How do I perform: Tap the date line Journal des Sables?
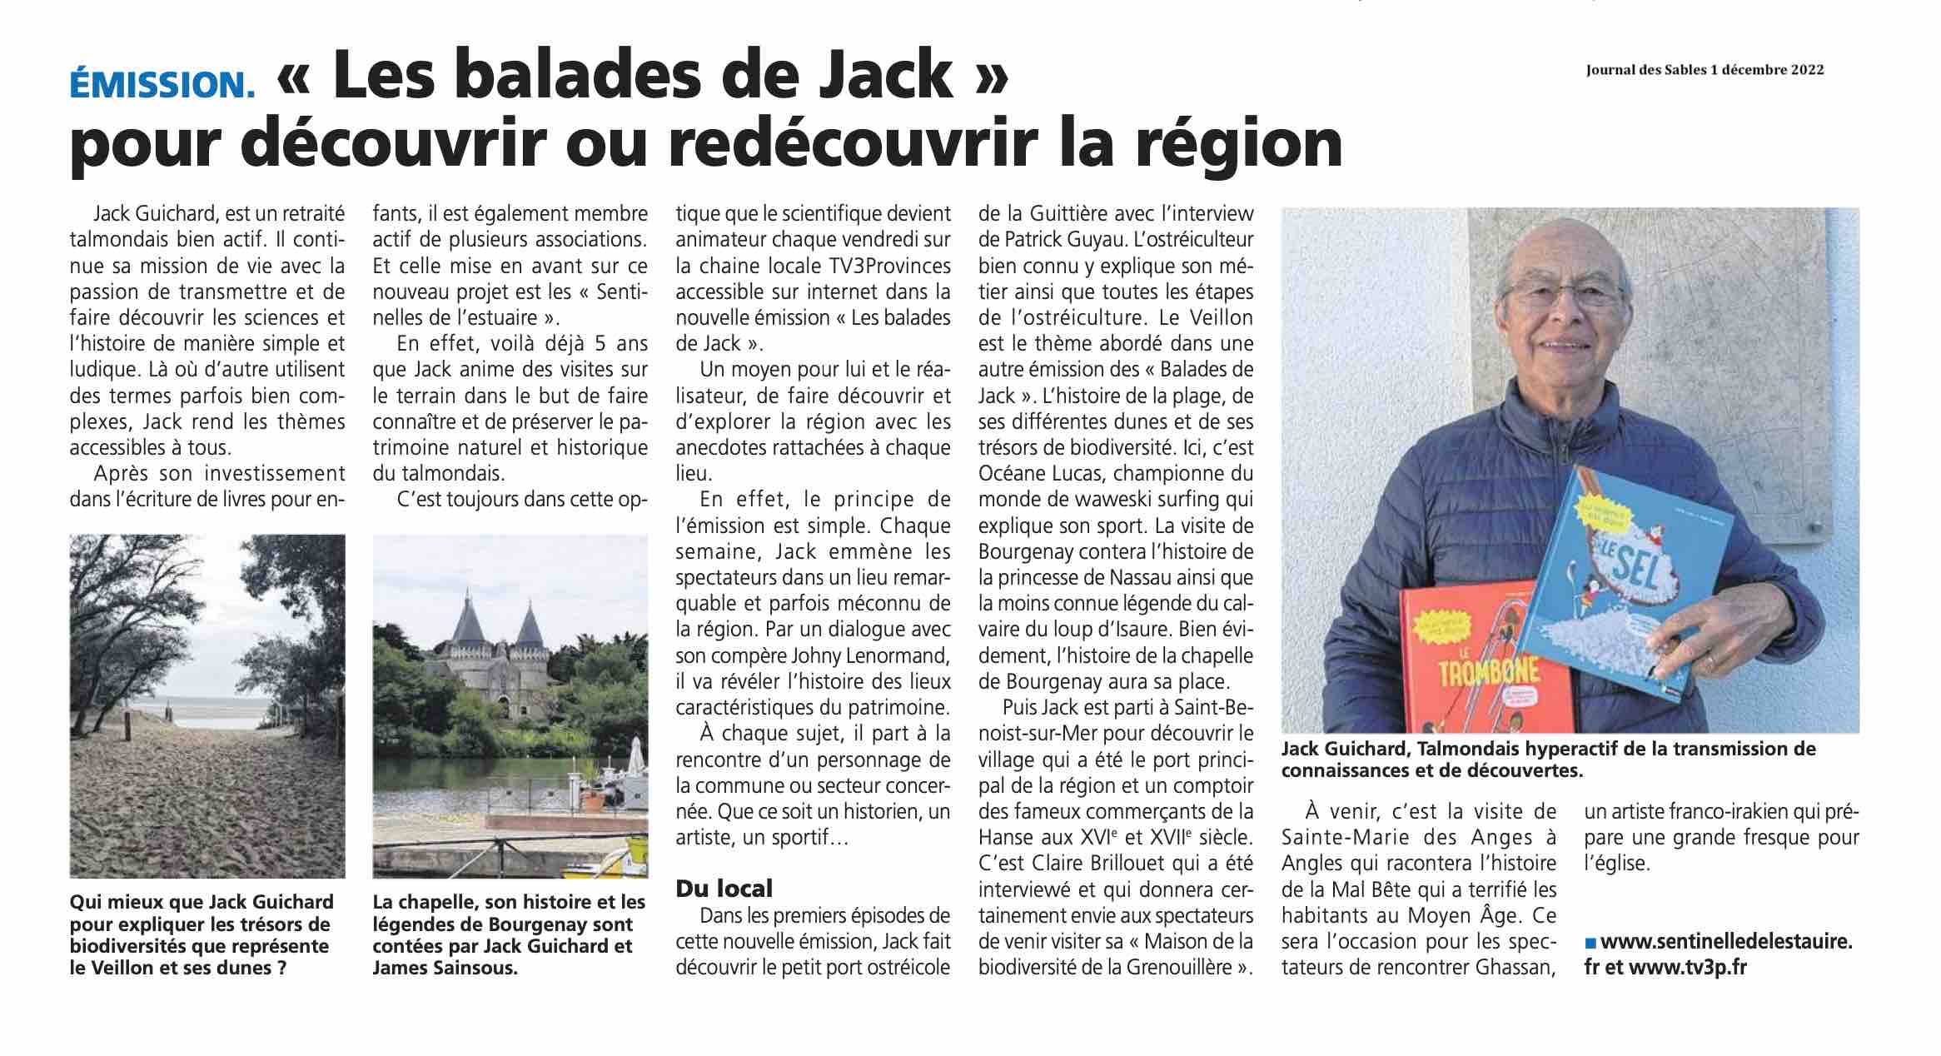pos(1713,70)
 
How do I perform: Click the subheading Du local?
pos(724,888)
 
